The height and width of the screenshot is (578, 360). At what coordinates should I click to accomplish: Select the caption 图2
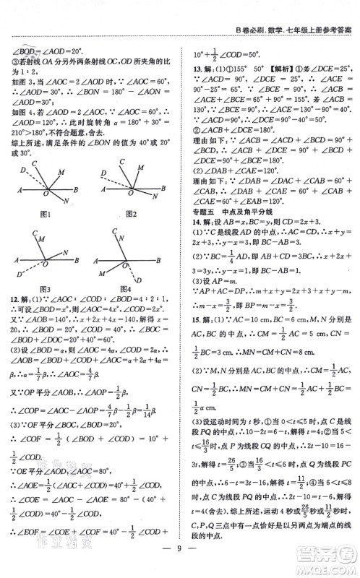[x=131, y=215]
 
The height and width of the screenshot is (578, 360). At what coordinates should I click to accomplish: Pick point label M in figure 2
[x=133, y=171]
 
